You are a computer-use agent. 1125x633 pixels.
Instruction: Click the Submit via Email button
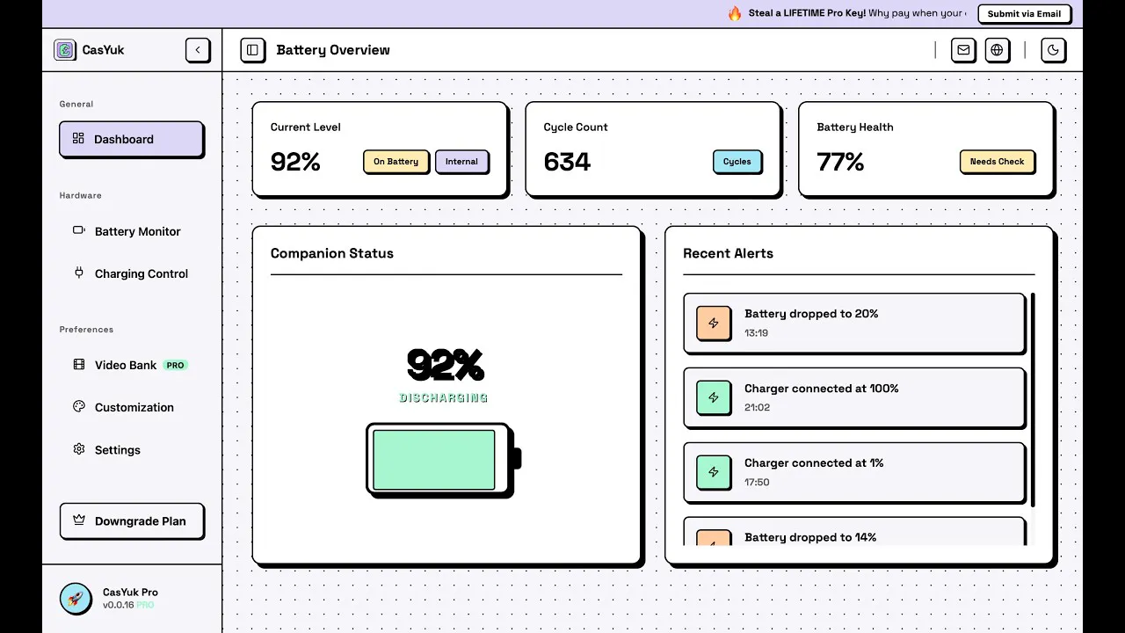point(1024,13)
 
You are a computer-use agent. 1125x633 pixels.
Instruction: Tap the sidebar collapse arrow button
point(198,50)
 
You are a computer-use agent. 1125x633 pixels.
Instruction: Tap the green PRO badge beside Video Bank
point(175,365)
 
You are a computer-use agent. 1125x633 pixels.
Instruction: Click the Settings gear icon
point(79,449)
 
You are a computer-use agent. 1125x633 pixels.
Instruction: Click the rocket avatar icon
point(76,599)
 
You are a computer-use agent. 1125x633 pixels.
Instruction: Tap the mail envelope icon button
point(962,50)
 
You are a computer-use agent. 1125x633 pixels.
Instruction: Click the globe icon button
point(997,50)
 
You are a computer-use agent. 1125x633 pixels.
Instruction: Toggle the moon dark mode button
point(1053,50)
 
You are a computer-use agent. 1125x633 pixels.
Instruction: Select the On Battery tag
point(396,161)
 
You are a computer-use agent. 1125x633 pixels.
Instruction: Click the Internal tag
point(461,161)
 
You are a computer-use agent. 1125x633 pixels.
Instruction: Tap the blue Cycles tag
point(737,161)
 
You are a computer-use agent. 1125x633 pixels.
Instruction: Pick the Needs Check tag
point(997,161)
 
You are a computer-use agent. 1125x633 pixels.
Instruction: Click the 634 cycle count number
point(567,162)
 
